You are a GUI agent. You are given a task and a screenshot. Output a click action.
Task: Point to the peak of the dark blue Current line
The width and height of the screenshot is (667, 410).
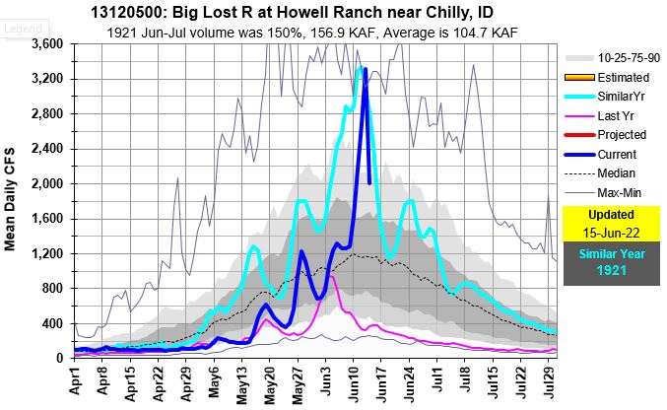365,68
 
